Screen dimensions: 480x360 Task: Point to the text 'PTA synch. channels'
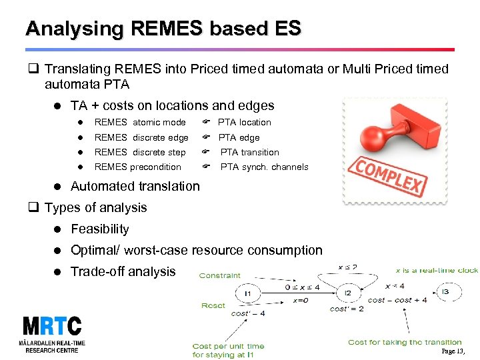(264, 167)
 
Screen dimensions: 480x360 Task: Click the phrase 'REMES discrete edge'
(141, 138)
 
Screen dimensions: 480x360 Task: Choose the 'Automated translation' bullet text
(135, 187)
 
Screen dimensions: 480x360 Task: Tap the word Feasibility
(99, 229)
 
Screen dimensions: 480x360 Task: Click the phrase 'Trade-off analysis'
(123, 272)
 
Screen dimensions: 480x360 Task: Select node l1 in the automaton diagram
(247, 293)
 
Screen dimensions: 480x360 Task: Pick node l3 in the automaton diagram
(445, 291)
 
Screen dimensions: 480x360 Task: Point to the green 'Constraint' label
(219, 275)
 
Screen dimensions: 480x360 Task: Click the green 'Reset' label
(213, 306)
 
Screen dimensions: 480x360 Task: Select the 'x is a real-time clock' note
(437, 271)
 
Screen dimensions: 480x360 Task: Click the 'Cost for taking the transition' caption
(405, 343)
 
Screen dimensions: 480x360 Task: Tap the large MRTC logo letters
(51, 327)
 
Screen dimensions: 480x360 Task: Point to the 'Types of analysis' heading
(95, 208)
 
